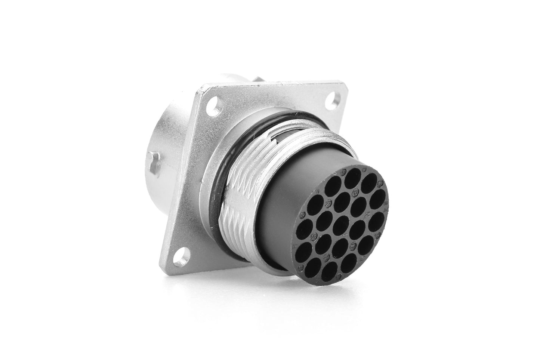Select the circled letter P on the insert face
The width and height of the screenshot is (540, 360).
355,193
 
